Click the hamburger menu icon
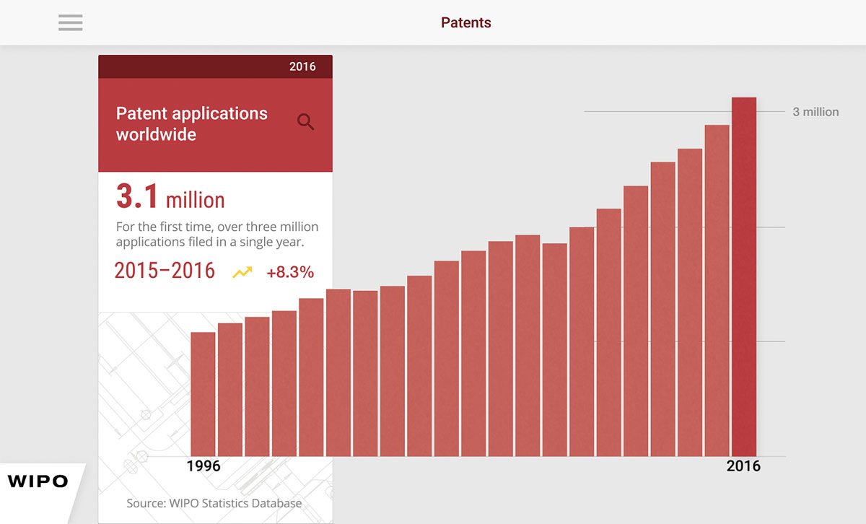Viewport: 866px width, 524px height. [71, 22]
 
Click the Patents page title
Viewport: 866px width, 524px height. [466, 22]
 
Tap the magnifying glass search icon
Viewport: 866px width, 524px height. [305, 122]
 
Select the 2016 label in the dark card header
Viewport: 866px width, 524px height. [302, 66]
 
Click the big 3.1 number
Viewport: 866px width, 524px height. [137, 196]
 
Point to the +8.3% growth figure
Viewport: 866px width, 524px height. [290, 272]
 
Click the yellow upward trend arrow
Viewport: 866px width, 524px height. [242, 272]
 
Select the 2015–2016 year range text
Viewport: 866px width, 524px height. [165, 271]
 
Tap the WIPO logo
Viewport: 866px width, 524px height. [38, 481]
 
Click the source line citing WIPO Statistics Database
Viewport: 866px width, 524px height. [214, 503]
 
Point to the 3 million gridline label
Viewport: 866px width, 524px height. [815, 112]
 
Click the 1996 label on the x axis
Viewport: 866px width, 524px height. [204, 466]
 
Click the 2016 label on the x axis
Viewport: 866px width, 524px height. [743, 466]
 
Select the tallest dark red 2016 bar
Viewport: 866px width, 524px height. [744, 277]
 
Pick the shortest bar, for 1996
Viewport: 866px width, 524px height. [203, 395]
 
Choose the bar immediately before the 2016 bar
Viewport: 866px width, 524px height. [717, 291]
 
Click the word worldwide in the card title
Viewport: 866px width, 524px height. [156, 134]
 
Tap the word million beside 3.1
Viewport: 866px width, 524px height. [196, 200]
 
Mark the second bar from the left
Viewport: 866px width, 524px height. [230, 390]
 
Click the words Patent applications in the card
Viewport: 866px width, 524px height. [192, 114]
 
